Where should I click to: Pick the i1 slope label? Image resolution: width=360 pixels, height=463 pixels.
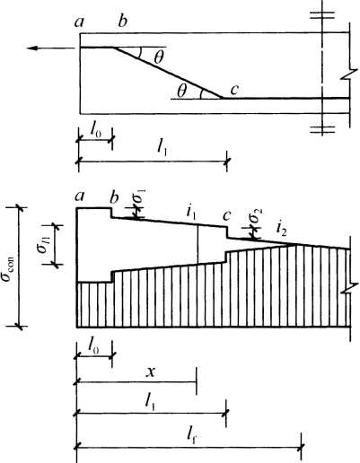click(191, 212)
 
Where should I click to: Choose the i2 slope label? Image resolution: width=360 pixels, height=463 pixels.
click(281, 229)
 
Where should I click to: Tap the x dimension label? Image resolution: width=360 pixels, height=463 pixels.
click(152, 372)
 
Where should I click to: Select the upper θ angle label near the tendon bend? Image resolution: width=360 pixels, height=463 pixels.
click(158, 57)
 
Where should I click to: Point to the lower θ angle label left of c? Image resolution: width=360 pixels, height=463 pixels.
click(181, 91)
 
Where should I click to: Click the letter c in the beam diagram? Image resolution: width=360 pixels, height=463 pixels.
click(234, 90)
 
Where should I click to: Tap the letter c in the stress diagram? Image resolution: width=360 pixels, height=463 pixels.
click(226, 215)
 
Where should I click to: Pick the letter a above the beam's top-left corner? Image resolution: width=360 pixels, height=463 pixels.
click(79, 22)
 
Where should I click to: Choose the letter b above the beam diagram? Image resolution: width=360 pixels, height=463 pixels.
click(122, 21)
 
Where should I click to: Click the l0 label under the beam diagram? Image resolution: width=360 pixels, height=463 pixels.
click(95, 132)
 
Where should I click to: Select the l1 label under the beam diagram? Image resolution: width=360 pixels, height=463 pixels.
click(162, 149)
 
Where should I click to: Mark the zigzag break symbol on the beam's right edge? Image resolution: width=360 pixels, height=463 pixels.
click(349, 75)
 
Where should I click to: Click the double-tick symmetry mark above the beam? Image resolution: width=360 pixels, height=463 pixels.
click(322, 15)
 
